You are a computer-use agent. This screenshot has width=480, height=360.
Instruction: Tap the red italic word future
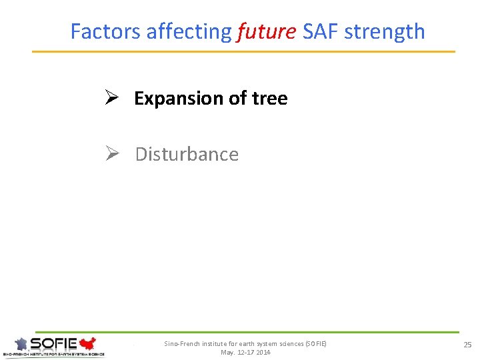pyautogui.click(x=267, y=31)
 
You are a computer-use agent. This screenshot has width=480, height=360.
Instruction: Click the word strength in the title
pyautogui.click(x=384, y=31)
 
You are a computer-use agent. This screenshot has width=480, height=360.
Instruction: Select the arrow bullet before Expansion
pyautogui.click(x=111, y=98)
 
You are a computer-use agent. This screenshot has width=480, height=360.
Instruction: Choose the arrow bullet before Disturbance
pyautogui.click(x=111, y=154)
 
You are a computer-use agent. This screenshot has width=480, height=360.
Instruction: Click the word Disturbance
pyautogui.click(x=187, y=154)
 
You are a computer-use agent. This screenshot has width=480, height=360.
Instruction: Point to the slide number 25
pyautogui.click(x=467, y=344)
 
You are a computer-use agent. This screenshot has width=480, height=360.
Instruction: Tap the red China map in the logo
pyautogui.click(x=87, y=344)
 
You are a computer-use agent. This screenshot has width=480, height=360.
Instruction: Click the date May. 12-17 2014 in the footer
pyautogui.click(x=245, y=352)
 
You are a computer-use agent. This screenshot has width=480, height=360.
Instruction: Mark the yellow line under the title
pyautogui.click(x=243, y=51)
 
